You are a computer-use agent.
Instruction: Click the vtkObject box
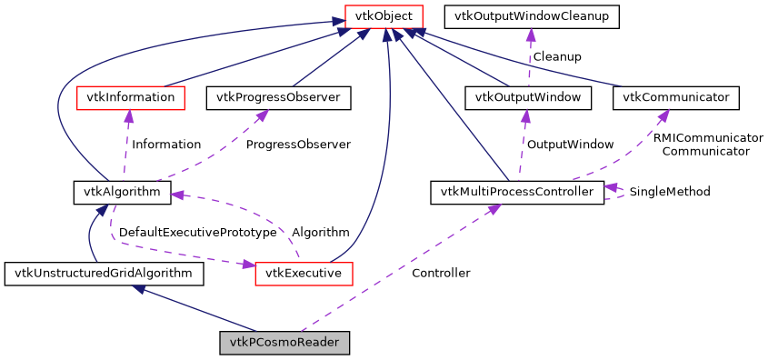click(x=384, y=16)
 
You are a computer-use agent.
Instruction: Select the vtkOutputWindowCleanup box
click(x=531, y=16)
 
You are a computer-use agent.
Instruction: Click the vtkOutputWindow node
click(x=528, y=96)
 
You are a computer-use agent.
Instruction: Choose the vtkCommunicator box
click(x=676, y=96)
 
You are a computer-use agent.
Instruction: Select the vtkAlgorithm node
click(x=116, y=192)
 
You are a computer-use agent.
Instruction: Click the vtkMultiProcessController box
click(x=517, y=192)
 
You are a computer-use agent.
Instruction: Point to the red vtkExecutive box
click(x=304, y=273)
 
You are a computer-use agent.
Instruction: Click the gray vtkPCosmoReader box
click(x=284, y=344)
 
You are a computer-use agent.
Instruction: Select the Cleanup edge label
click(x=557, y=56)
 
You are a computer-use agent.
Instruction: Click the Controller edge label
click(x=441, y=273)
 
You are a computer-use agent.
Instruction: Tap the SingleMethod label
click(x=670, y=192)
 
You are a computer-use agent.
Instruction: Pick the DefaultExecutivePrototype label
click(x=197, y=233)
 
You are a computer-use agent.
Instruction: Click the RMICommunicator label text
click(x=708, y=137)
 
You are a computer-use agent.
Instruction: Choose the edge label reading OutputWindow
click(x=570, y=145)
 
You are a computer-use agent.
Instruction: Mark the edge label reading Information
click(x=166, y=145)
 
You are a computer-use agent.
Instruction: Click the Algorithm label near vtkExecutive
click(x=320, y=233)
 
